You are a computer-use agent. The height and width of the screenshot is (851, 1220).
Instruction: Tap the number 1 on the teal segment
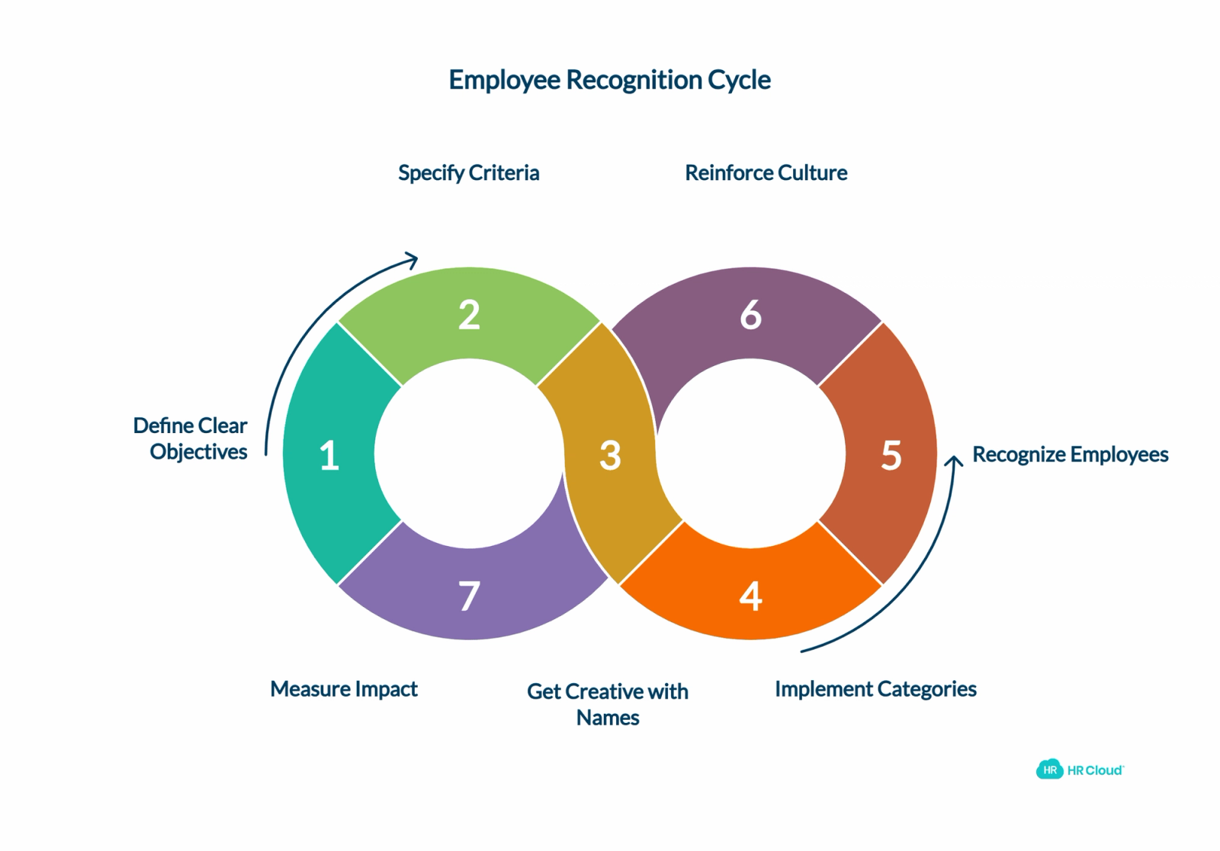(329, 455)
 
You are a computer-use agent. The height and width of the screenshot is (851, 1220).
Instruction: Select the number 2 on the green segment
(469, 315)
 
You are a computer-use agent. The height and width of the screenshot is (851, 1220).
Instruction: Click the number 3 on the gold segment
(610, 455)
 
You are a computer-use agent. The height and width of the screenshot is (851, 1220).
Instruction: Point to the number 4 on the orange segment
(750, 596)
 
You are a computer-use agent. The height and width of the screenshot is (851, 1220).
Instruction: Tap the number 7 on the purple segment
(469, 596)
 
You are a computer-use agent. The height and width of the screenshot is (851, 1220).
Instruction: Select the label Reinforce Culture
(766, 172)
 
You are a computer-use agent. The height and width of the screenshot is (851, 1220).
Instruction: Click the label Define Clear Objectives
(191, 439)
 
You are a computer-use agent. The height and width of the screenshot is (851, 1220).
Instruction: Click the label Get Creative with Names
(608, 705)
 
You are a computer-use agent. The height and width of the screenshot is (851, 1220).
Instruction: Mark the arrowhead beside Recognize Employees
(954, 461)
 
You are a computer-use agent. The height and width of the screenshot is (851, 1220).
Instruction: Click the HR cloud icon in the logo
(1049, 769)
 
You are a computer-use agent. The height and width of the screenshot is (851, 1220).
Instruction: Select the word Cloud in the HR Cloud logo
(1105, 770)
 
